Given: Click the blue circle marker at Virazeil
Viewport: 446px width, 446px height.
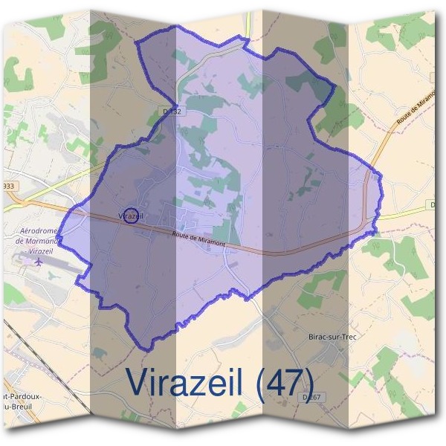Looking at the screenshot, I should tap(131, 216).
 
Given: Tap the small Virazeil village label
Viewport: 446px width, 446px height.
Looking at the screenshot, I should tap(128, 216).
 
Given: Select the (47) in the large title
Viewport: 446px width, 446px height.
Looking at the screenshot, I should tap(282, 381).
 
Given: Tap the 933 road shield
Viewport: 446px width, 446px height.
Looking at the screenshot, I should tap(7, 186).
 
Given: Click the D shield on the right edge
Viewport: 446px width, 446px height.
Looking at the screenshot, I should tap(433, 204).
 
